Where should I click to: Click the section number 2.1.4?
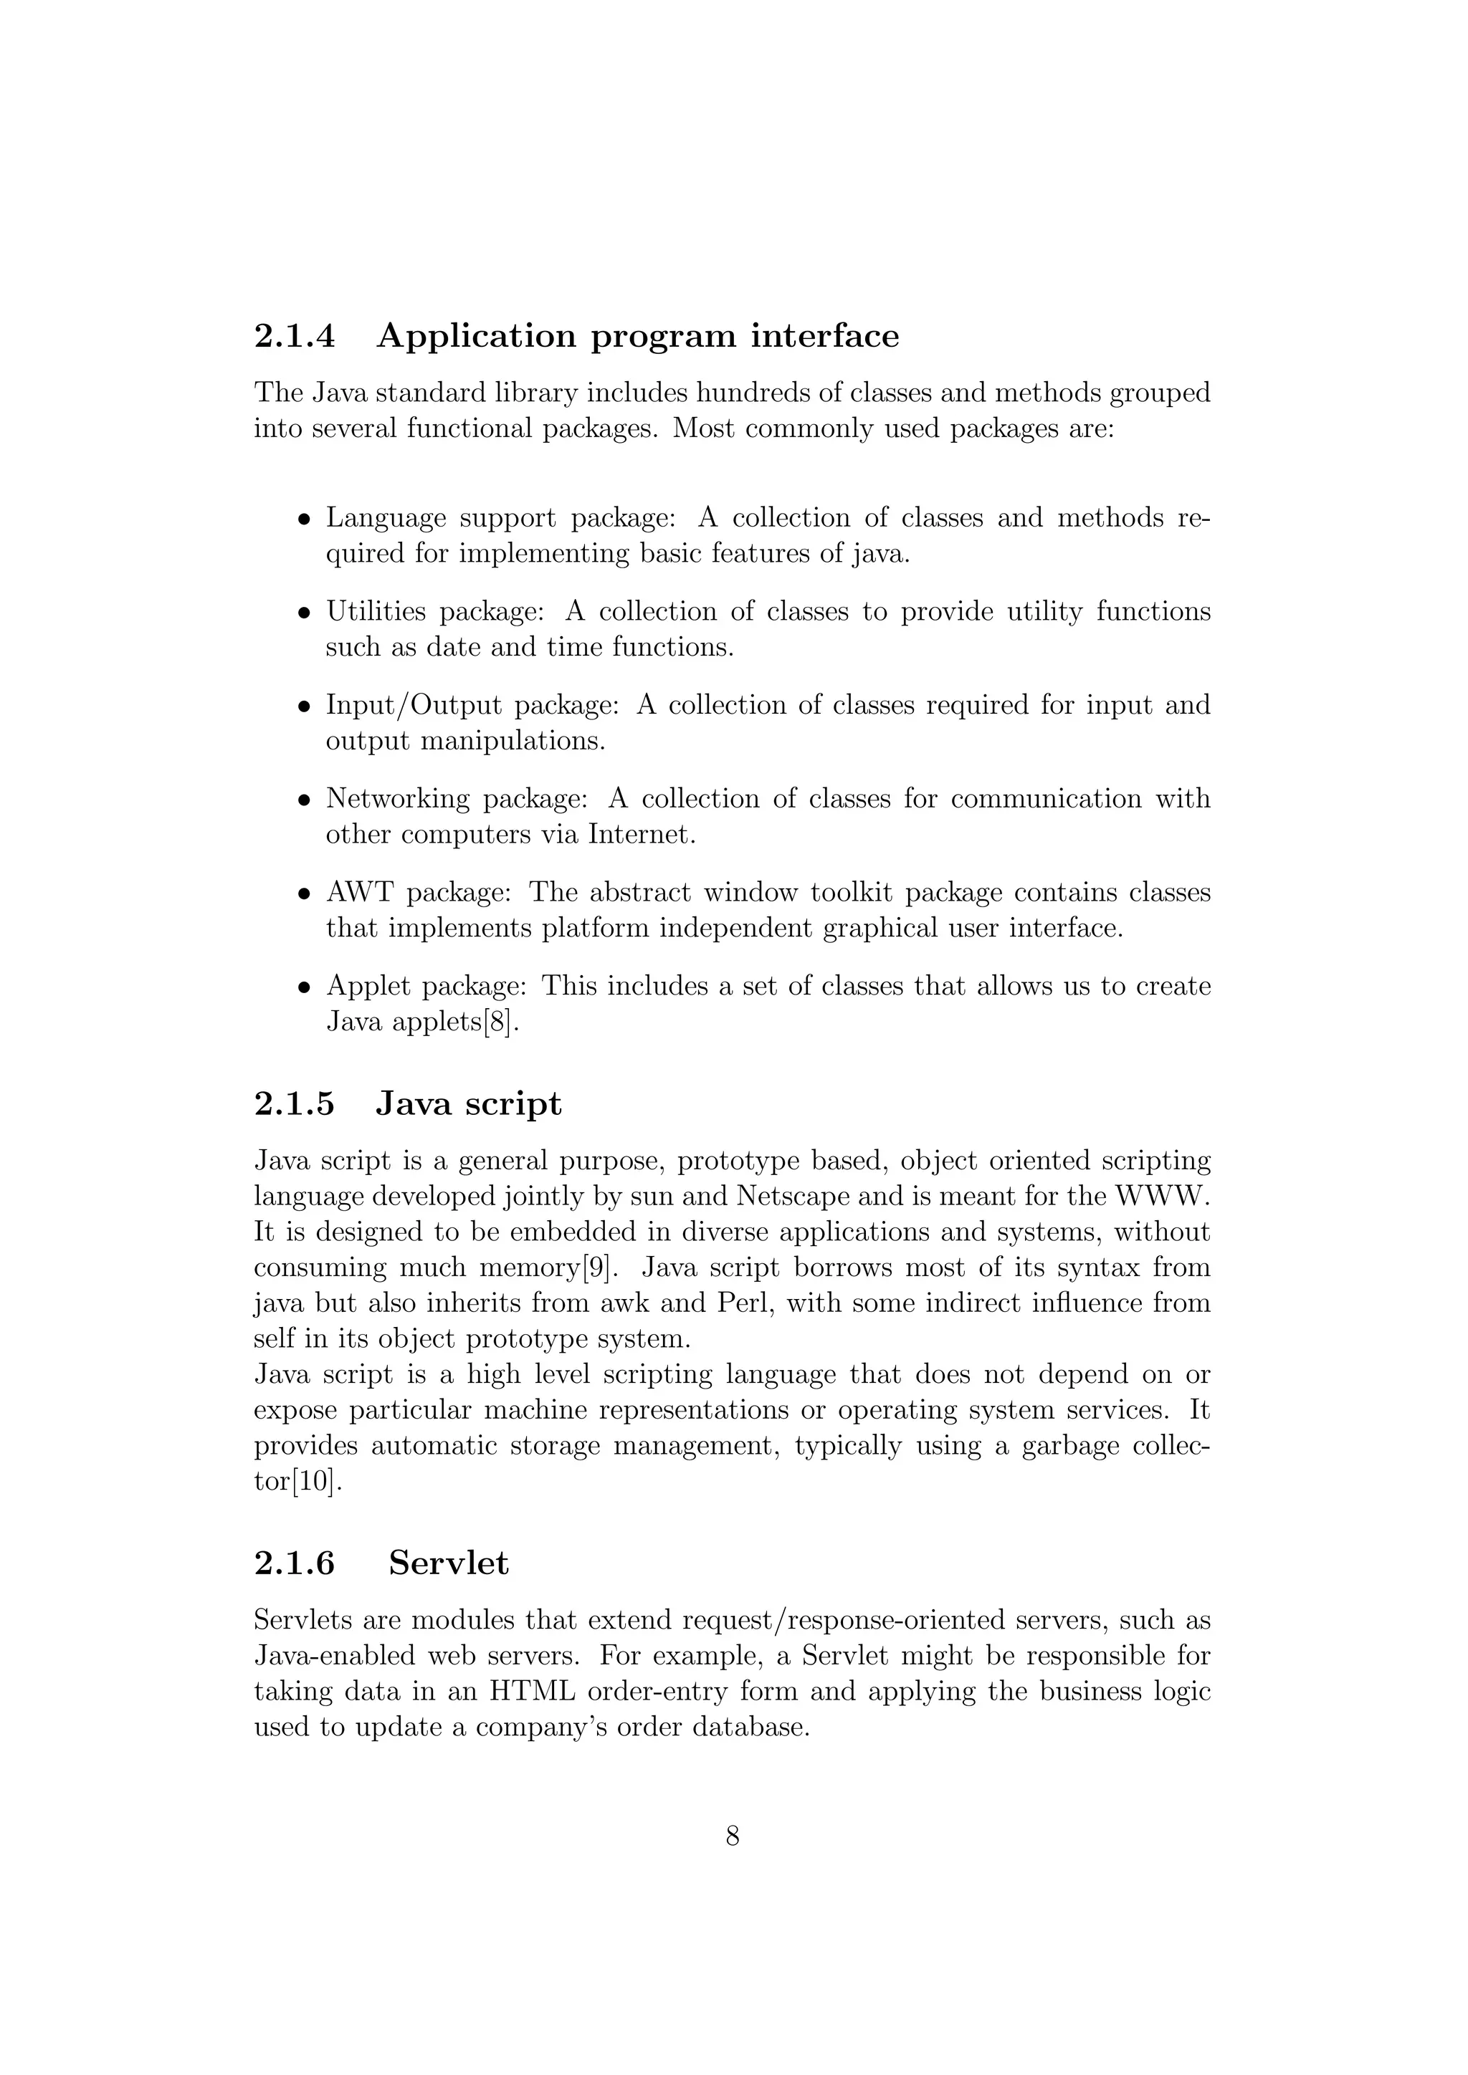[294, 336]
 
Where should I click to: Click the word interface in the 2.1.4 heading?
[824, 336]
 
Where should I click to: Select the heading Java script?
[468, 1103]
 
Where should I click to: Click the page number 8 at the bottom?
[733, 1836]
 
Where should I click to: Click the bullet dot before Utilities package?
[305, 613]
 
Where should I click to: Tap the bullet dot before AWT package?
[305, 895]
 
